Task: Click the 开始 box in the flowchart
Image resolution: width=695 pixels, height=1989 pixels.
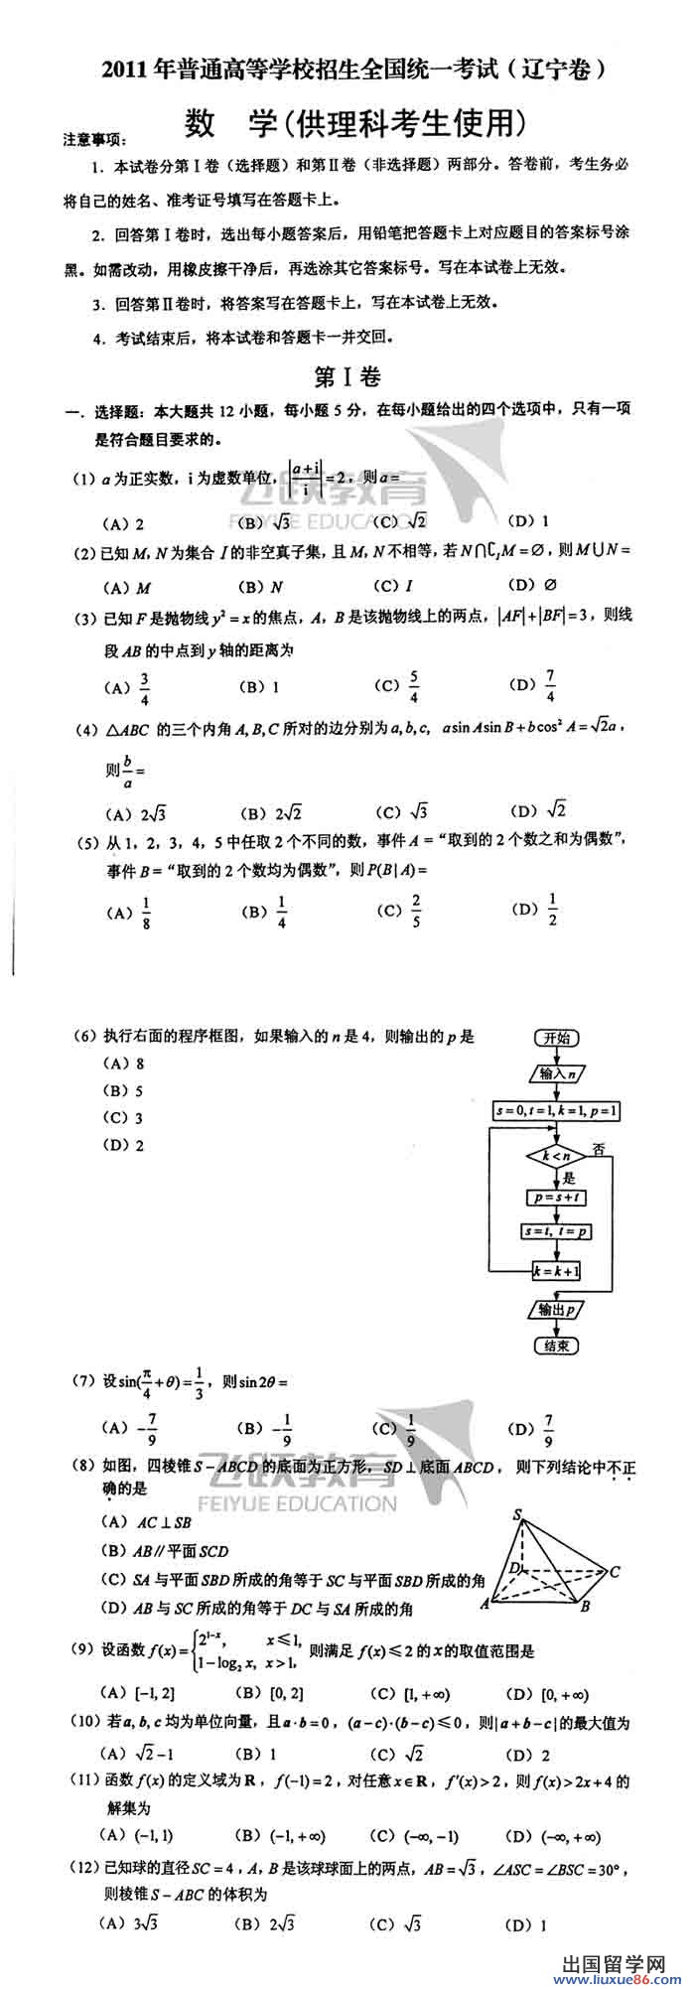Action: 557,1038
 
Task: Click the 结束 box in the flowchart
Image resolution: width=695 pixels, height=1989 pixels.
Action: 556,1346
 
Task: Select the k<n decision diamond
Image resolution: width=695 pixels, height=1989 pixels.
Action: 556,1156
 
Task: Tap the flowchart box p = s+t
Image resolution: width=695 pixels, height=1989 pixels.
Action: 557,1198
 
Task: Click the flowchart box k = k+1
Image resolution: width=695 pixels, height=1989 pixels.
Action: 557,1271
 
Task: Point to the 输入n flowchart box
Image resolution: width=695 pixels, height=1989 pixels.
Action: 557,1073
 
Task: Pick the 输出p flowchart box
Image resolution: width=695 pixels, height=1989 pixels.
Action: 557,1310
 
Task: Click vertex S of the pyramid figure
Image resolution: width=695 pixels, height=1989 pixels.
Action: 517,1515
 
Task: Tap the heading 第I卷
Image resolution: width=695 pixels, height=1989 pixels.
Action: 347,377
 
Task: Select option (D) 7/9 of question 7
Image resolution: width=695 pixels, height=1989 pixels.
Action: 534,1430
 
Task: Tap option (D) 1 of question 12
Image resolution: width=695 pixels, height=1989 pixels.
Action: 527,1924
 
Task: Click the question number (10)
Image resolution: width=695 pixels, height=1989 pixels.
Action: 83,1722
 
